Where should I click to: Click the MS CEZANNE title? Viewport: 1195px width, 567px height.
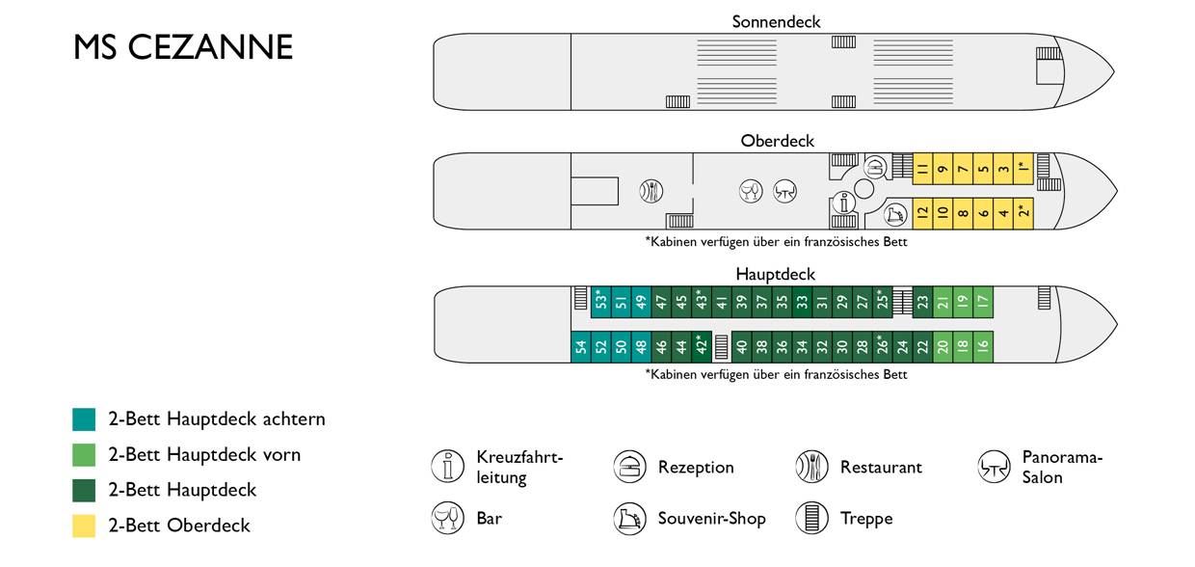183,47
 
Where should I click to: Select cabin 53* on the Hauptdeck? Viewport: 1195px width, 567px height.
601,302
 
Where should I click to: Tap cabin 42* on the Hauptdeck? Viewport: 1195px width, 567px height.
702,347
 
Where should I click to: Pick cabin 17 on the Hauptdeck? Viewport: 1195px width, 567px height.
983,302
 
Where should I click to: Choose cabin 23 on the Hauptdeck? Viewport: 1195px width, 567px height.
923,302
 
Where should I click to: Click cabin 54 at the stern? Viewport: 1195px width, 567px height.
581,347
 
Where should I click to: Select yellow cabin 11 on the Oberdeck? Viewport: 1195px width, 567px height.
923,169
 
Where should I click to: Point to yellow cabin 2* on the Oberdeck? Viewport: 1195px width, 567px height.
1023,213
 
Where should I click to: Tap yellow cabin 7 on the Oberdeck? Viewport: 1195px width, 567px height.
963,169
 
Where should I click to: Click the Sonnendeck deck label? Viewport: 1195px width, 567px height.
776,22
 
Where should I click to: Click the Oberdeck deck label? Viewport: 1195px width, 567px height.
778,141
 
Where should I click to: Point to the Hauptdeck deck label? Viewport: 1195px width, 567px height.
775,275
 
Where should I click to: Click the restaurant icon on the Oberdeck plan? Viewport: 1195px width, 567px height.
651,191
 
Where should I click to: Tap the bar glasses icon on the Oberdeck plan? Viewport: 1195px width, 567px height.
751,191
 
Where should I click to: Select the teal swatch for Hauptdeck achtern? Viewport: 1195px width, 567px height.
84,419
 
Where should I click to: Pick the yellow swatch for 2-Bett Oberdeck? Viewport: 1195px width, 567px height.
84,526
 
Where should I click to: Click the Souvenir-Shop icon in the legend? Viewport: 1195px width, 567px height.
629,519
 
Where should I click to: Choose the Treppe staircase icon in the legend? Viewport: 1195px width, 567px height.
811,518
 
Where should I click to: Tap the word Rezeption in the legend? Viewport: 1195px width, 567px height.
696,468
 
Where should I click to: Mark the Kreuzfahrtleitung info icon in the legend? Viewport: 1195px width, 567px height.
447,466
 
